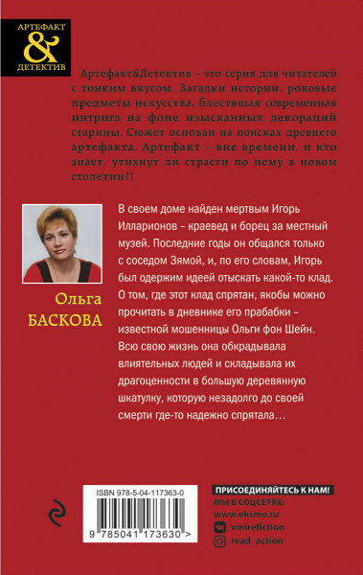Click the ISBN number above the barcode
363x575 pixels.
[x=141, y=491]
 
